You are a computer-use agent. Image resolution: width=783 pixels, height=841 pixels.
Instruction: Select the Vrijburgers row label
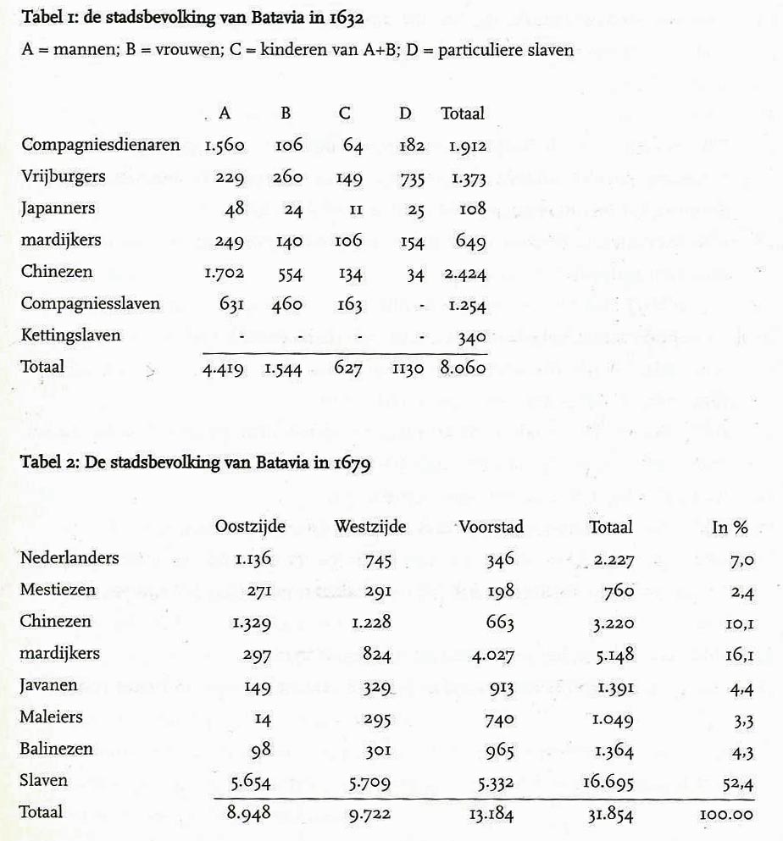(63, 177)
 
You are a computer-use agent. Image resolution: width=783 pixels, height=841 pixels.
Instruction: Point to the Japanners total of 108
(471, 209)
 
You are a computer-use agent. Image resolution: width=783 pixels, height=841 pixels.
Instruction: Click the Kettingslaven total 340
(471, 336)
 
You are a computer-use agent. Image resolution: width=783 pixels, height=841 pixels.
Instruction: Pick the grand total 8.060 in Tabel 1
(463, 369)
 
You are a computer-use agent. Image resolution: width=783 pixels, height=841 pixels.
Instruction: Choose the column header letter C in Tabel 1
(353, 113)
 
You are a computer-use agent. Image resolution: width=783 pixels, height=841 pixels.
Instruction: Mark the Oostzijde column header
(250, 527)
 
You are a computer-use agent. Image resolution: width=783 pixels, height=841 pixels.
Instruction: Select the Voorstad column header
(491, 527)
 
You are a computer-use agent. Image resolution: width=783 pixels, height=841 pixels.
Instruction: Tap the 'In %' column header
(730, 527)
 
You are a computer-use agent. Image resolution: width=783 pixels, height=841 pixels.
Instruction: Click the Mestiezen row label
(58, 589)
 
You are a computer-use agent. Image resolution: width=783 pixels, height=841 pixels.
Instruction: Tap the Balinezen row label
(57, 750)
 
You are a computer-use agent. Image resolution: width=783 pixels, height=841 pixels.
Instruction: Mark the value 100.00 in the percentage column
(726, 814)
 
